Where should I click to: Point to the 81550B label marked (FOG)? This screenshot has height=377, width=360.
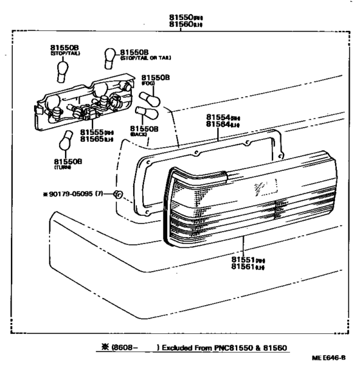(156, 76)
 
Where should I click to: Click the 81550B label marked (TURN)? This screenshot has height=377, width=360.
(67, 162)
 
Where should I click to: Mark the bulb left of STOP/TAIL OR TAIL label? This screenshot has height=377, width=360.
(111, 58)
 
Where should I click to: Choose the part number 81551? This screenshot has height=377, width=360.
(246, 259)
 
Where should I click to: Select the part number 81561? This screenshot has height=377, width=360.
(246, 267)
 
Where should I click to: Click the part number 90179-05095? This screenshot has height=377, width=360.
(69, 193)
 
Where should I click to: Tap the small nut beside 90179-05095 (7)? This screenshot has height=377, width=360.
(117, 194)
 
